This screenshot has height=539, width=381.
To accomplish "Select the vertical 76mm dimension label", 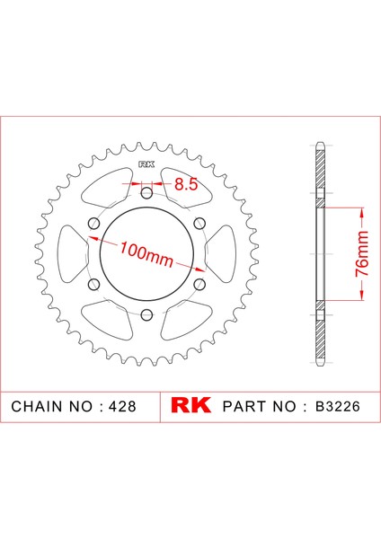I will [x=360, y=255].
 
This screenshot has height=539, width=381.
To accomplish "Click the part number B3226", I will [x=339, y=406].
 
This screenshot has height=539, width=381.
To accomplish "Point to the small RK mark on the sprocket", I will [x=145, y=164].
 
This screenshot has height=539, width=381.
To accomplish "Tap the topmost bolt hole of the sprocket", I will [x=145, y=188].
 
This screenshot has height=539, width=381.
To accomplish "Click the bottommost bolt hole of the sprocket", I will [x=145, y=314].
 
